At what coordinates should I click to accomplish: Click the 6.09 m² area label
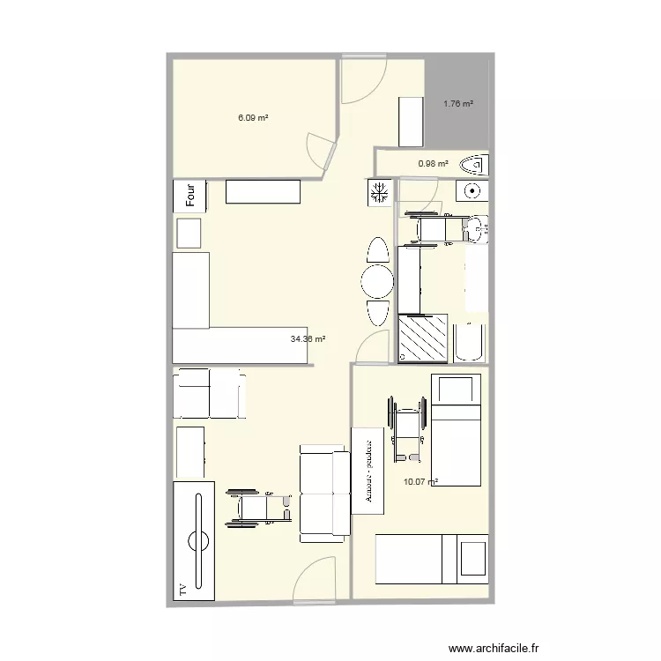tap(253, 116)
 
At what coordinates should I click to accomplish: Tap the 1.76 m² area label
tap(458, 104)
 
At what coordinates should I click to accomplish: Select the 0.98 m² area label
tap(433, 163)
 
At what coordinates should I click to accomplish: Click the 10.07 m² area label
tap(420, 481)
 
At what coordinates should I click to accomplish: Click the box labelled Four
tap(189, 195)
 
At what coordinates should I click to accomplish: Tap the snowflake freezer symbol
tap(380, 192)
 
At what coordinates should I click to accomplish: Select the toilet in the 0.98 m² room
tap(475, 164)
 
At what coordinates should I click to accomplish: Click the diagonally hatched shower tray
tap(424, 338)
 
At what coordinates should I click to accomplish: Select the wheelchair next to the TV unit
tap(259, 509)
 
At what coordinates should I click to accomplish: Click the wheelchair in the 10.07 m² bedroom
tap(405, 429)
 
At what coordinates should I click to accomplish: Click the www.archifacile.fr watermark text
tap(494, 649)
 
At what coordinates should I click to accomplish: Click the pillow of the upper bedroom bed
tap(456, 390)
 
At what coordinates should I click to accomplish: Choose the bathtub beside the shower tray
tap(470, 343)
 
